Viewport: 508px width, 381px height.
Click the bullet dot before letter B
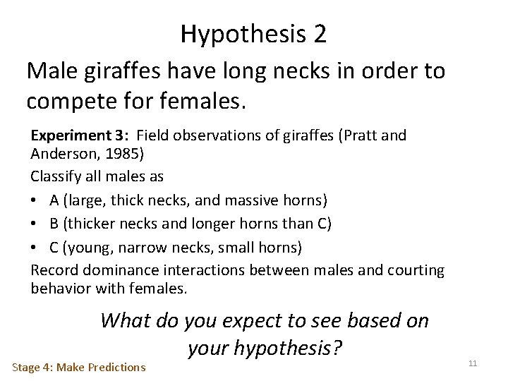(36, 224)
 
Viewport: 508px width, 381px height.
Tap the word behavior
(60, 288)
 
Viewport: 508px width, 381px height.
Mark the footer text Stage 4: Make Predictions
(79, 367)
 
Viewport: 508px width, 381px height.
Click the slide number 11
(473, 363)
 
